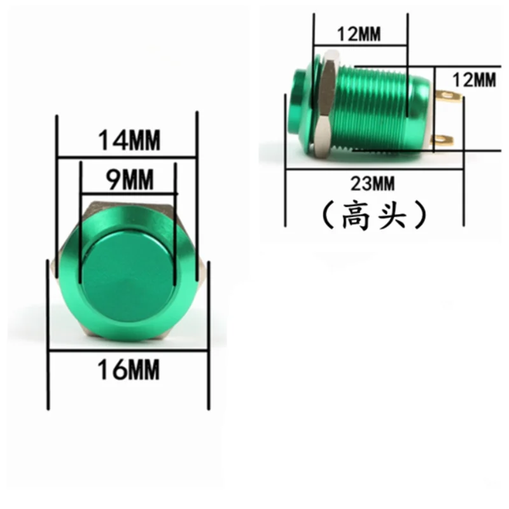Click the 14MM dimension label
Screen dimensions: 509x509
[x=129, y=140]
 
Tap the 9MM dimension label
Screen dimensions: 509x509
[x=130, y=179]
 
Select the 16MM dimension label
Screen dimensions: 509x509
[x=129, y=370]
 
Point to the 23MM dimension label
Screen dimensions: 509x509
[x=373, y=183]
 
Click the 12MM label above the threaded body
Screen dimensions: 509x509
[x=359, y=34]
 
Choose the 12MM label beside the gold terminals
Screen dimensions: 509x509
[x=474, y=80]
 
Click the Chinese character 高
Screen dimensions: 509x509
[x=356, y=215]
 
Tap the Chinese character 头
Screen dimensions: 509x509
[x=392, y=215]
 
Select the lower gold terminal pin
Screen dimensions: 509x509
[x=442, y=140]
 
